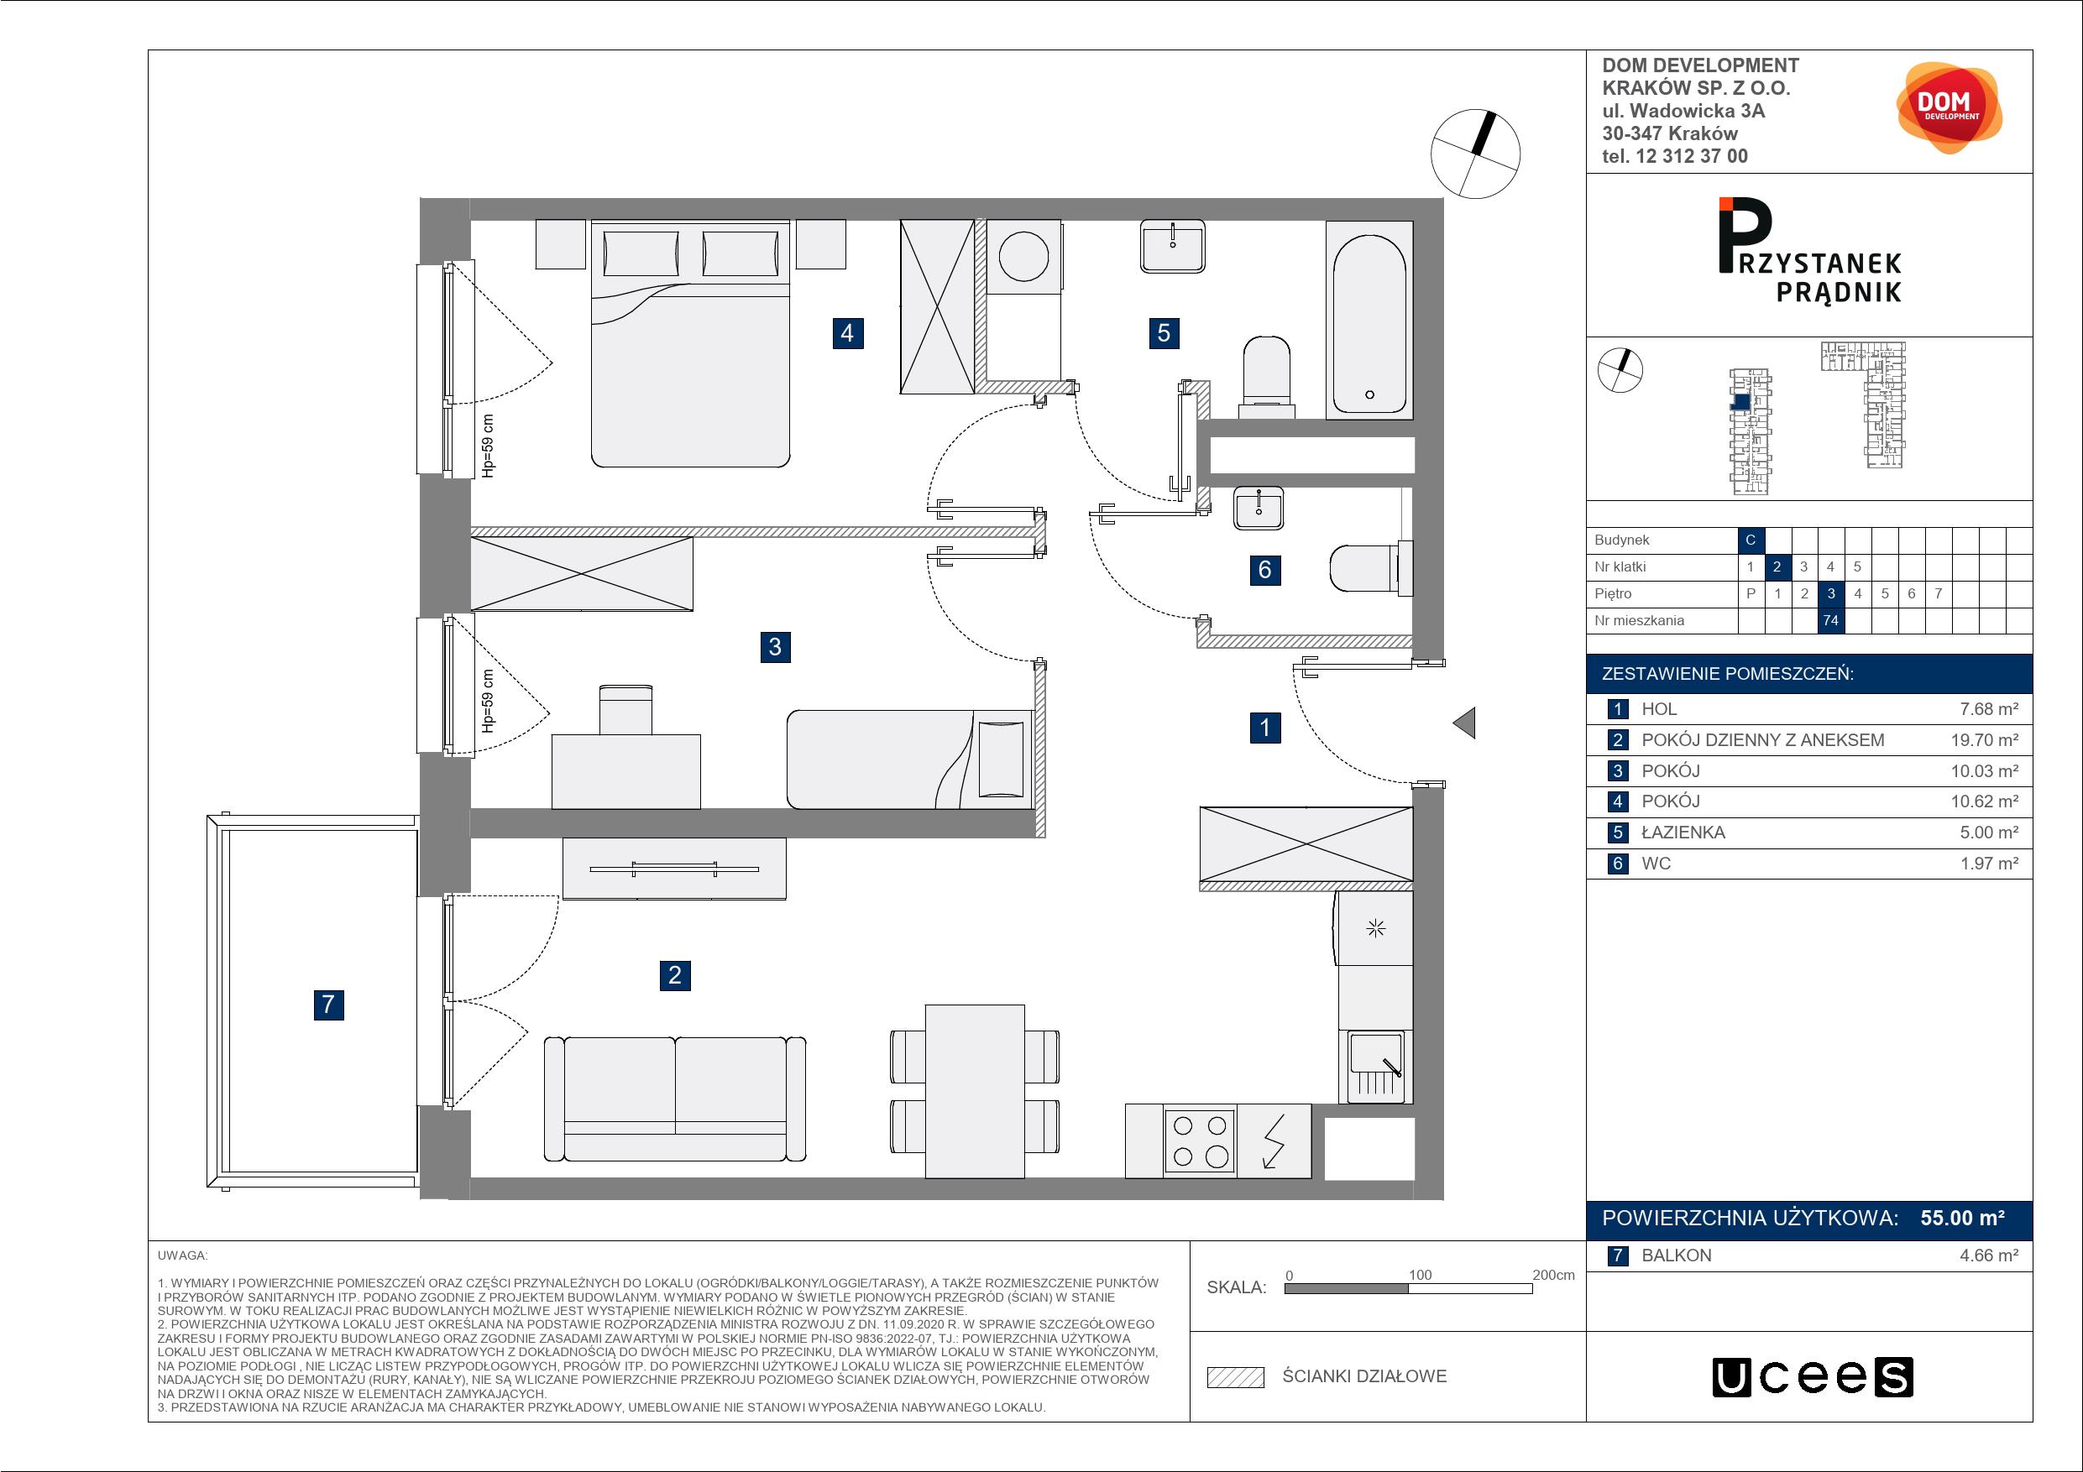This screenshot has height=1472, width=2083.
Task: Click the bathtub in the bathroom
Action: click(1369, 319)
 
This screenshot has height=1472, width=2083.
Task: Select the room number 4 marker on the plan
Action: click(847, 333)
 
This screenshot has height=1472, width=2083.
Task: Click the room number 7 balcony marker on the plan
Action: click(328, 1004)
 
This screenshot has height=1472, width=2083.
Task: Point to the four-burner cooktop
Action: click(1201, 1141)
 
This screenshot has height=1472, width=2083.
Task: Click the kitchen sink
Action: click(1375, 1067)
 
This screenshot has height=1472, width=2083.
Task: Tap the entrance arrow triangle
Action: click(1463, 723)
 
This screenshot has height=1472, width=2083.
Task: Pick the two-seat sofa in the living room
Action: click(675, 1099)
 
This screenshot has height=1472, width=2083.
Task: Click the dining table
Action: click(976, 1091)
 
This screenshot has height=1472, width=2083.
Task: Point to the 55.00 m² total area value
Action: click(1962, 1218)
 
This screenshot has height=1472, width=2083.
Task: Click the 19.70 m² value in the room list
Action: click(1985, 740)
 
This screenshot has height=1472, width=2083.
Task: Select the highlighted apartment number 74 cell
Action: click(1831, 620)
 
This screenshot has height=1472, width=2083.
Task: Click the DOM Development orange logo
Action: click(1949, 108)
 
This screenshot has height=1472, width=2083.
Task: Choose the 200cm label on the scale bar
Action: click(1553, 1275)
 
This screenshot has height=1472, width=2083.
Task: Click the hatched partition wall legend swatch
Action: click(1236, 1377)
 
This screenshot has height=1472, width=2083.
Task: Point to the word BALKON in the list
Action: click(1677, 1255)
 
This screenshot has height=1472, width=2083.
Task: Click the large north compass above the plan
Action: click(1475, 154)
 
